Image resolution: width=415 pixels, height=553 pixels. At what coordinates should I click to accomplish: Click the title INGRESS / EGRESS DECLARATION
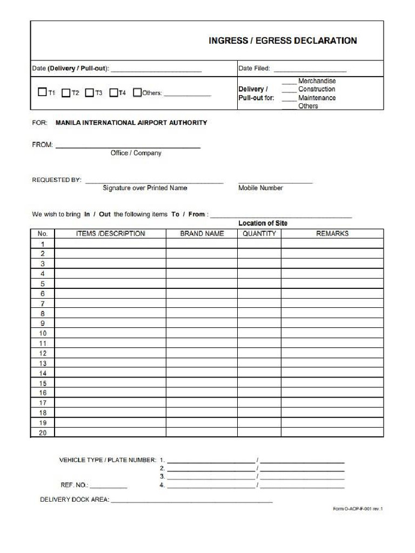coord(283,41)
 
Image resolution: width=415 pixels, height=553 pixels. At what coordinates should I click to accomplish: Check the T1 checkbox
coord(42,92)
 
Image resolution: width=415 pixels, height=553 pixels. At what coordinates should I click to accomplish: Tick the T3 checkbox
coord(90,92)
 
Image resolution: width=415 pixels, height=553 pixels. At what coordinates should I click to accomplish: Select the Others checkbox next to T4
coord(137,92)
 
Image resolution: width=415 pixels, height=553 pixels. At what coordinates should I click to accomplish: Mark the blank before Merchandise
coord(289,82)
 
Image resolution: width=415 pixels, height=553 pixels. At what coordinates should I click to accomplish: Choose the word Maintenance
coord(317,98)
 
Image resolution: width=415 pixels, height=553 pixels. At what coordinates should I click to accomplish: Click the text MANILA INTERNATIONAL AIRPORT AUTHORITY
coord(131,123)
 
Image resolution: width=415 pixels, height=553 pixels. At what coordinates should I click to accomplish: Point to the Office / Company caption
coord(136,153)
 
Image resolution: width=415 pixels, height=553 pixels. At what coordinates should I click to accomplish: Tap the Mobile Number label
coord(260,188)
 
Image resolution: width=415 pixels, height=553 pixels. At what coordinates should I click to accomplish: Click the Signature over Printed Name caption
coord(145,188)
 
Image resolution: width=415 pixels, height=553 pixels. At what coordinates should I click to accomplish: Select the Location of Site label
coord(263,223)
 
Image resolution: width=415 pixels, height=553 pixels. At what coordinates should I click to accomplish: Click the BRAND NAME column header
coord(202,234)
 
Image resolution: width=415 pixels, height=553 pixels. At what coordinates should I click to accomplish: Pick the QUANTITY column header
coord(259,234)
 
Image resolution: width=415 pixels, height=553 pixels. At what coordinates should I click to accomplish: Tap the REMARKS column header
coord(332,234)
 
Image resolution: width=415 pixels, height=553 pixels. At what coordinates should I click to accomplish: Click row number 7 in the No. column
coord(43,304)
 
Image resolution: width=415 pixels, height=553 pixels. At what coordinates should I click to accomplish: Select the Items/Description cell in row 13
coord(110,363)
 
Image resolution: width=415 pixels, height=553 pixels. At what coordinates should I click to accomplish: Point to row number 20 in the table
coord(43,433)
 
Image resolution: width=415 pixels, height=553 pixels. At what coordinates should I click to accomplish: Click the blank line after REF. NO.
coord(109,485)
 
